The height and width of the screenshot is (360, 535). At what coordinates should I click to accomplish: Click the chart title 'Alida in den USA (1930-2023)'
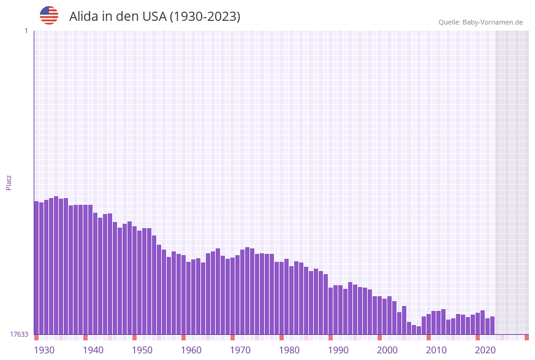pos(154,17)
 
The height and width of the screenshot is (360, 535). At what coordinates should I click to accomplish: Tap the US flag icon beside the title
pos(49,15)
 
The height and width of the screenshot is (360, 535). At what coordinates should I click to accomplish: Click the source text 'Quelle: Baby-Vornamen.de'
pos(480,22)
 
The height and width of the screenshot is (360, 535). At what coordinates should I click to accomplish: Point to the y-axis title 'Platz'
pos(9,182)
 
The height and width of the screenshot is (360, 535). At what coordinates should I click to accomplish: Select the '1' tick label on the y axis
pos(26,31)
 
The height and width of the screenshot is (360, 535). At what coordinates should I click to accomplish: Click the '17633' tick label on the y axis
pos(19,334)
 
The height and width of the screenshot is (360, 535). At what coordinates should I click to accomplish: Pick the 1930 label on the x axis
pos(44,350)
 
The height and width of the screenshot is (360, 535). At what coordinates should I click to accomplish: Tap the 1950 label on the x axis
pos(142,350)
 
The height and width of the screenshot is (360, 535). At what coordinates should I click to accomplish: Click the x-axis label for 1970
pos(240,350)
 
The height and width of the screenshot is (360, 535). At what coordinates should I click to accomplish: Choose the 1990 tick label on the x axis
pos(338,350)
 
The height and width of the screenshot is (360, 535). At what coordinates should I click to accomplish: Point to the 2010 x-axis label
pos(436,350)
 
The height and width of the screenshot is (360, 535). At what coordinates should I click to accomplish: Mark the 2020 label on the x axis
pos(485,350)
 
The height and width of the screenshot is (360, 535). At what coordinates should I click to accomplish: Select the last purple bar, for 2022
pos(492,326)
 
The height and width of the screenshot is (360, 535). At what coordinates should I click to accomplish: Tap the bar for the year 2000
pos(380,315)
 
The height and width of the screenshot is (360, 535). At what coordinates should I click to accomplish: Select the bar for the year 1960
pos(184,294)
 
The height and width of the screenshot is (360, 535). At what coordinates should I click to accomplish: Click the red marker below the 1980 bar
pos(282,337)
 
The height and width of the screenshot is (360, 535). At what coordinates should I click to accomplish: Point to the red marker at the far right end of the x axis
pos(526,337)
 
